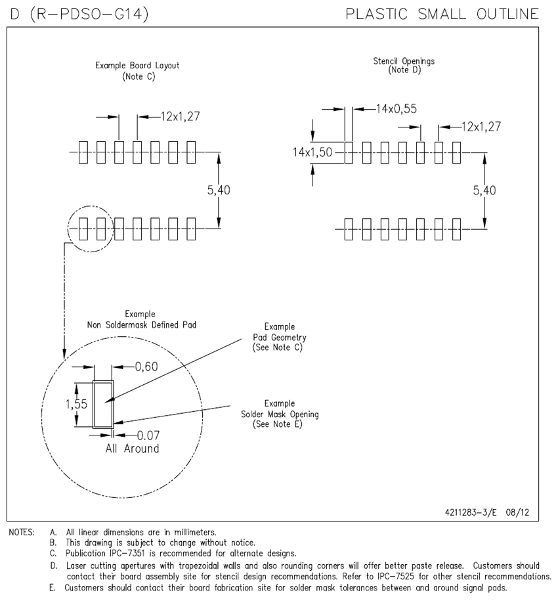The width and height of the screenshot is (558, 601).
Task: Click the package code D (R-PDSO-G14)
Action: pyautogui.click(x=78, y=14)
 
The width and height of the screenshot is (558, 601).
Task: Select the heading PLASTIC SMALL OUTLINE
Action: pyautogui.click(x=442, y=14)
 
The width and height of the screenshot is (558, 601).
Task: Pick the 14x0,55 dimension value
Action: pyautogui.click(x=397, y=108)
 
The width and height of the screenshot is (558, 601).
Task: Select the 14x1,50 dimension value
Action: pyautogui.click(x=312, y=152)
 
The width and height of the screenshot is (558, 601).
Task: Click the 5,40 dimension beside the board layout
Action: pyautogui.click(x=219, y=190)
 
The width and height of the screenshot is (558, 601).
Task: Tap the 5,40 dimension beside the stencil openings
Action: pyautogui.click(x=484, y=190)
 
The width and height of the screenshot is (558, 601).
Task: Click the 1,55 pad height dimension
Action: pyautogui.click(x=77, y=405)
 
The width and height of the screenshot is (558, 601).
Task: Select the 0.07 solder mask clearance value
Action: pyautogui.click(x=148, y=435)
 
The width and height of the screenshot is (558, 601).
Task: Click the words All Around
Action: pyautogui.click(x=132, y=449)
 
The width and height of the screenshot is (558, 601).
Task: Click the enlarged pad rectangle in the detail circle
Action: pyautogui.click(x=103, y=405)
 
